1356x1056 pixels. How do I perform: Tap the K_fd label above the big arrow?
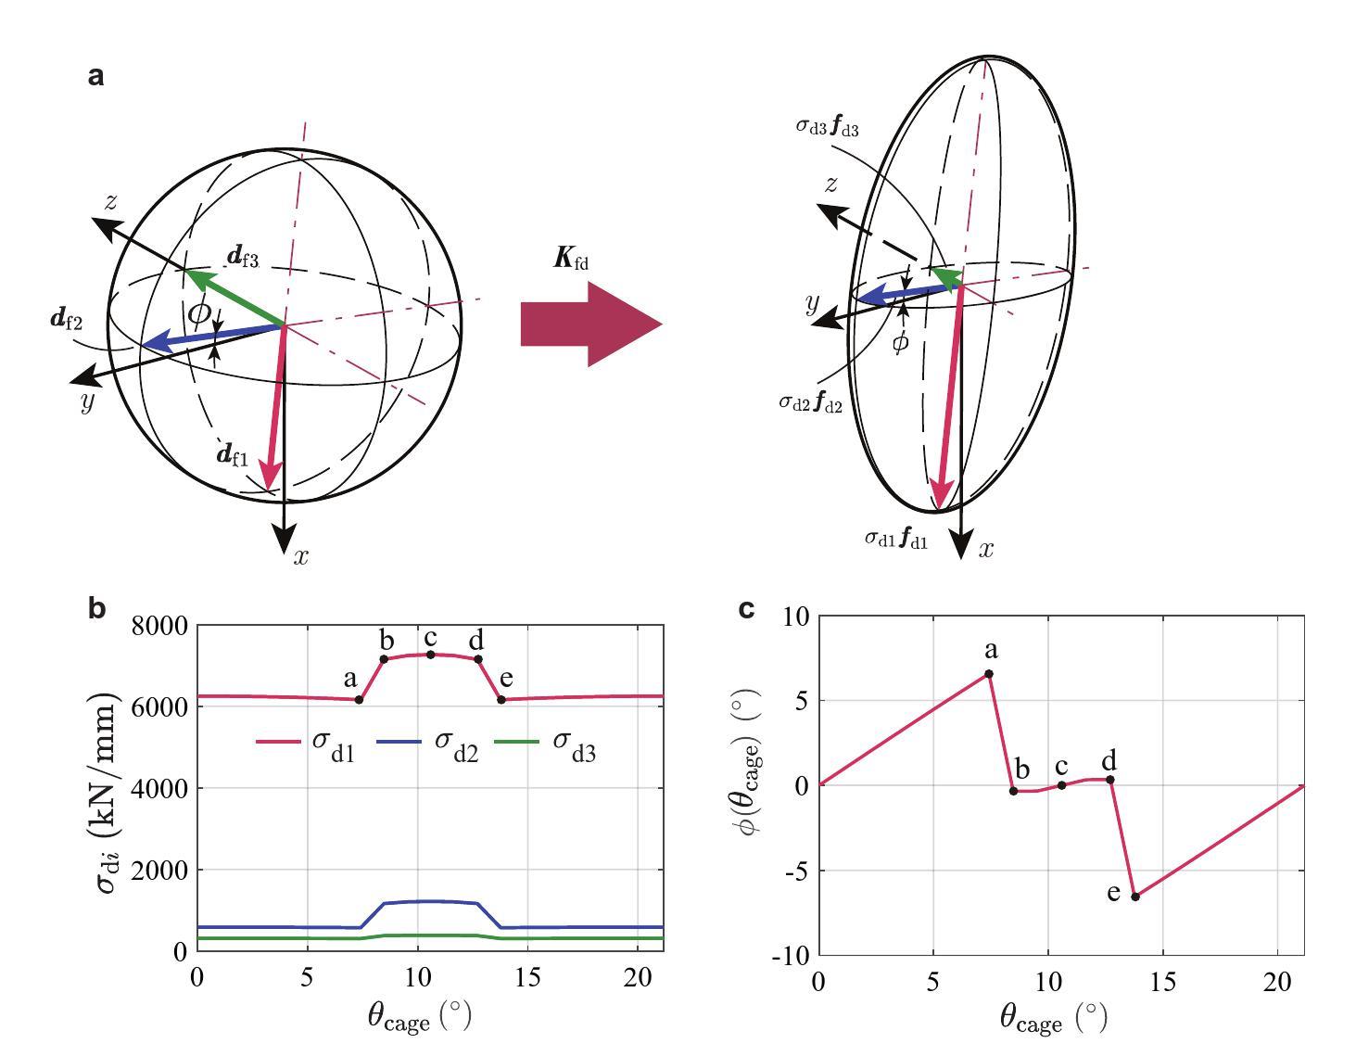[x=570, y=259]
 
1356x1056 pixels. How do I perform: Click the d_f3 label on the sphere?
[x=243, y=256]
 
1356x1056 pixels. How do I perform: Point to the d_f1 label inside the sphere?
[x=232, y=454]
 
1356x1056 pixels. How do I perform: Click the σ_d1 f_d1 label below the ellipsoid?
[x=895, y=539]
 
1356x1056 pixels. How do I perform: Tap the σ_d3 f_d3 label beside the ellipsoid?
[x=827, y=127]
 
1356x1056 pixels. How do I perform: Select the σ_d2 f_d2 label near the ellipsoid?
[x=810, y=403]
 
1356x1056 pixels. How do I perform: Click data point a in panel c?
[x=989, y=674]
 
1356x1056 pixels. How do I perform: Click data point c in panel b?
[x=430, y=655]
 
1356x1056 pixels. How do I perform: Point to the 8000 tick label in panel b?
[x=159, y=626]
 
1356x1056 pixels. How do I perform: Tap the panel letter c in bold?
[x=747, y=609]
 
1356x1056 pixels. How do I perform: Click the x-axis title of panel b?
[x=419, y=1017]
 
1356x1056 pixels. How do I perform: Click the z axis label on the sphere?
[x=110, y=201]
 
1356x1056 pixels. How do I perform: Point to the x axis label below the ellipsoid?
[x=986, y=550]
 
